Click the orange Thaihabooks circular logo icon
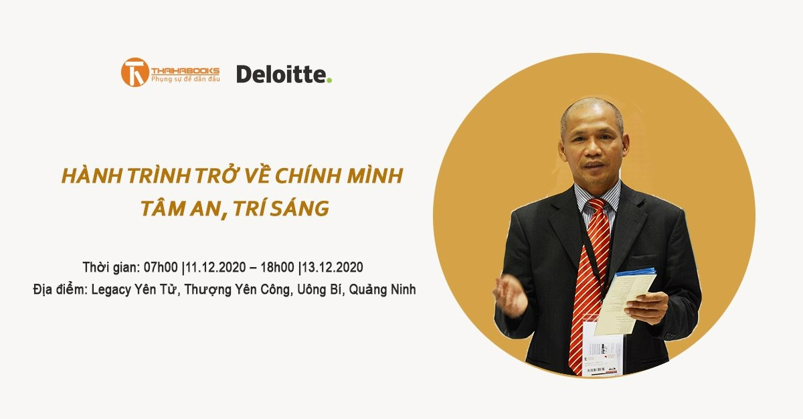(134, 72)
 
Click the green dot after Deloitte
(329, 80)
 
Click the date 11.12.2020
(217, 268)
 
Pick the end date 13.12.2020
(333, 268)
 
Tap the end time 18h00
(276, 268)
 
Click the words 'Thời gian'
(110, 268)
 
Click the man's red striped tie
(589, 281)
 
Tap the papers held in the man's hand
(626, 301)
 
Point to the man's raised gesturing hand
(510, 295)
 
